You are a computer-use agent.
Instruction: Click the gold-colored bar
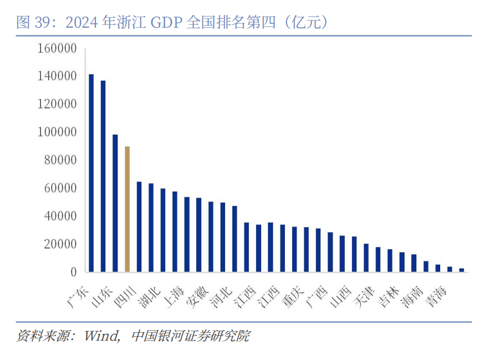[127, 209]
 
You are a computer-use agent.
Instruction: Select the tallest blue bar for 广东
[91, 173]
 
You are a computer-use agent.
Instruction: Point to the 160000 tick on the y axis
[57, 48]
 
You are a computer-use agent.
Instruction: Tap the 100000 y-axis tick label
[57, 132]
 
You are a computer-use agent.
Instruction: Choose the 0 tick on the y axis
[73, 272]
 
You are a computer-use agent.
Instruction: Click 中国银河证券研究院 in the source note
[191, 336]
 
